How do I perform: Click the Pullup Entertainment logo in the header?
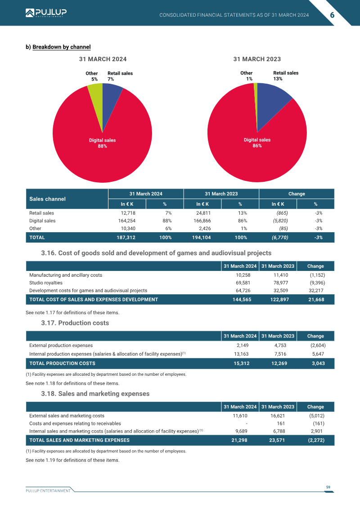(x=46, y=13)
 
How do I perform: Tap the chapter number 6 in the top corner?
(x=332, y=15)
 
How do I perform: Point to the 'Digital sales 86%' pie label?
(x=257, y=143)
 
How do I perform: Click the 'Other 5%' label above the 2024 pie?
(x=91, y=77)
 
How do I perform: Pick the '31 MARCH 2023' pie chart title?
(x=257, y=59)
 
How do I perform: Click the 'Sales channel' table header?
(x=47, y=199)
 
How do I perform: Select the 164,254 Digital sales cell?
(x=126, y=221)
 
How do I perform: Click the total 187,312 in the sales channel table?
(x=126, y=238)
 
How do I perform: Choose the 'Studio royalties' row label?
(x=46, y=283)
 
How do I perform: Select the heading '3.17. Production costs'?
(x=75, y=323)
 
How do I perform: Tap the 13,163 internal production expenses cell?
(x=242, y=354)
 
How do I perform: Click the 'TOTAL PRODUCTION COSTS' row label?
(x=63, y=364)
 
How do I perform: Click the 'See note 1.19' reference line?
(x=72, y=460)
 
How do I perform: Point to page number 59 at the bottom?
(x=328, y=487)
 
